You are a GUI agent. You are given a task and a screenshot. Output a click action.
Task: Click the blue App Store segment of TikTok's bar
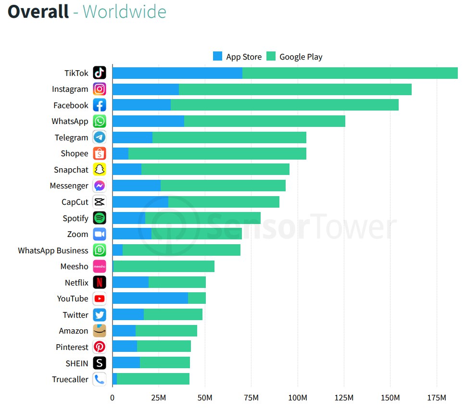(x=177, y=73)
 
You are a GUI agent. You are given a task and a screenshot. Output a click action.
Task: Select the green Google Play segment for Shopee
(x=217, y=154)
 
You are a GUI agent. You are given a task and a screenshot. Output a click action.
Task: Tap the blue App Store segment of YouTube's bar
(x=150, y=299)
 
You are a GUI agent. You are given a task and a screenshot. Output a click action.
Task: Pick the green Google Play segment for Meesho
(x=164, y=266)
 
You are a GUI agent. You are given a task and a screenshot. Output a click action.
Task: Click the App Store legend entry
(x=238, y=57)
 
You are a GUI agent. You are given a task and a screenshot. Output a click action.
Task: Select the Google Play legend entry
(x=295, y=57)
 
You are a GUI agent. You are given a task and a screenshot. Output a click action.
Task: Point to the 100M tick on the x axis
(x=298, y=398)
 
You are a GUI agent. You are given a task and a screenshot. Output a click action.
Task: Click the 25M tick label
(x=159, y=398)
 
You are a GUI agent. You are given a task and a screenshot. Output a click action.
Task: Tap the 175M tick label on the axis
(x=437, y=398)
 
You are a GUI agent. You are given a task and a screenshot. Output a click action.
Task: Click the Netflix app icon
(x=100, y=283)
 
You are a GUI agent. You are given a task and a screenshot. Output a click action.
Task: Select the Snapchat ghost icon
(x=100, y=170)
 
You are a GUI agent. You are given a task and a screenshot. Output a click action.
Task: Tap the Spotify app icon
(x=100, y=218)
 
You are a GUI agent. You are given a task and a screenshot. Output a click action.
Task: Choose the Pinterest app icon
(x=100, y=347)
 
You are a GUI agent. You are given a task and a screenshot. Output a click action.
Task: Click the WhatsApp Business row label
(x=53, y=250)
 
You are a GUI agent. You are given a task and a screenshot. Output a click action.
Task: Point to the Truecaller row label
(x=70, y=379)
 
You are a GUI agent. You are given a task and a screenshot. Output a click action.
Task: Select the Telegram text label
(x=72, y=137)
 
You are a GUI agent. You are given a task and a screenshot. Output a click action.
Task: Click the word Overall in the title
(x=38, y=12)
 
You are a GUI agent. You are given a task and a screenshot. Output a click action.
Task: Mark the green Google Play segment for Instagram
(x=295, y=89)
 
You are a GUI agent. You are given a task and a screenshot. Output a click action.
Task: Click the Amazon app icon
(x=100, y=331)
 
